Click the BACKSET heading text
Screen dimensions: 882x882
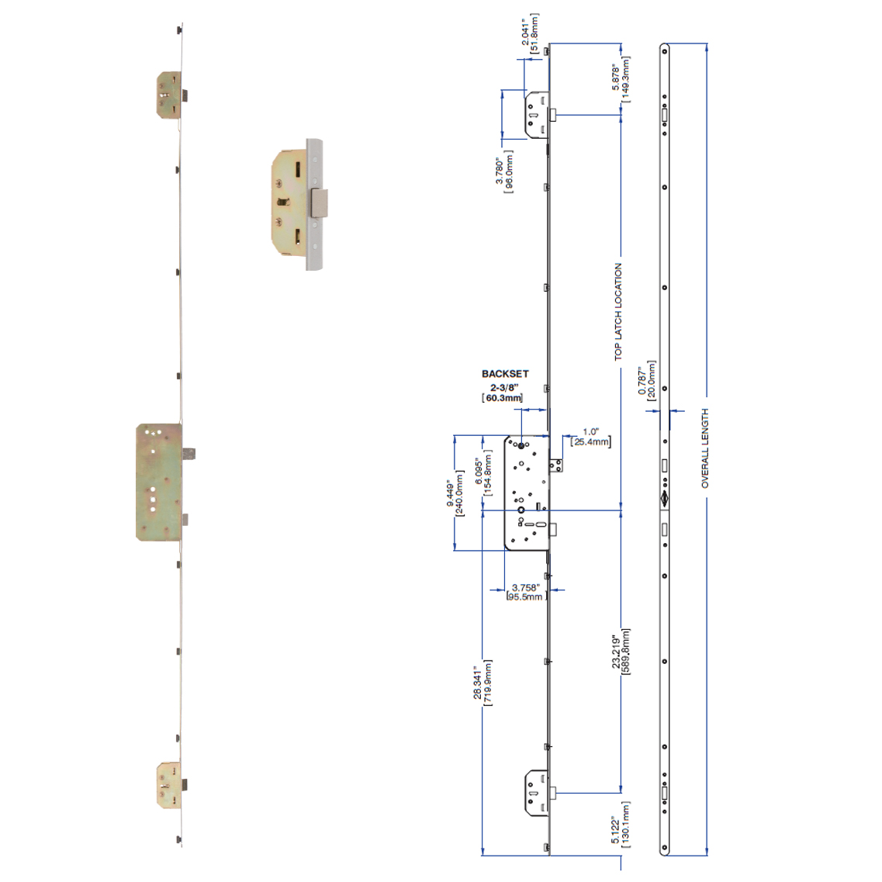coord(505,373)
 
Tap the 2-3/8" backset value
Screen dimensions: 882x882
coord(504,388)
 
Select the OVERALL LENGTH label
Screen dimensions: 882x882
coord(705,448)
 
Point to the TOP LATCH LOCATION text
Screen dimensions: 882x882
coord(618,312)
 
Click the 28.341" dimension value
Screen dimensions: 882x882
coord(478,684)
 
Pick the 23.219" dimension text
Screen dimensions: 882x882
coord(616,652)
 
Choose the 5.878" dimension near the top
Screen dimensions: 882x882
coord(616,79)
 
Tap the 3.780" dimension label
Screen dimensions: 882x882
coord(499,171)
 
